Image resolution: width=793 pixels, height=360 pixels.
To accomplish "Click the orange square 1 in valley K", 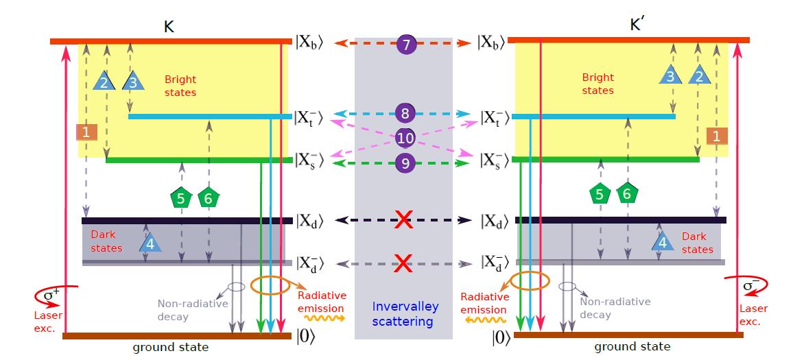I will (86, 133).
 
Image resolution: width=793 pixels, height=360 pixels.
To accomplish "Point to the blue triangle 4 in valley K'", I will (661, 241).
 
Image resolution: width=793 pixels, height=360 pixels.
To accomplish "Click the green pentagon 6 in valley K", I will (208, 199).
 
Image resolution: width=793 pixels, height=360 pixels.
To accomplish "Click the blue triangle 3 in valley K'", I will (670, 75).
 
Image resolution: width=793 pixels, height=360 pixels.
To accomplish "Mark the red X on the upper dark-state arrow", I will (403, 220).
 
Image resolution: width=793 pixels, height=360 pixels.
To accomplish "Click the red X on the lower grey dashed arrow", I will (403, 263).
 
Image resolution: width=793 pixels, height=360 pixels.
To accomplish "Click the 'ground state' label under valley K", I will (176, 348).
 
